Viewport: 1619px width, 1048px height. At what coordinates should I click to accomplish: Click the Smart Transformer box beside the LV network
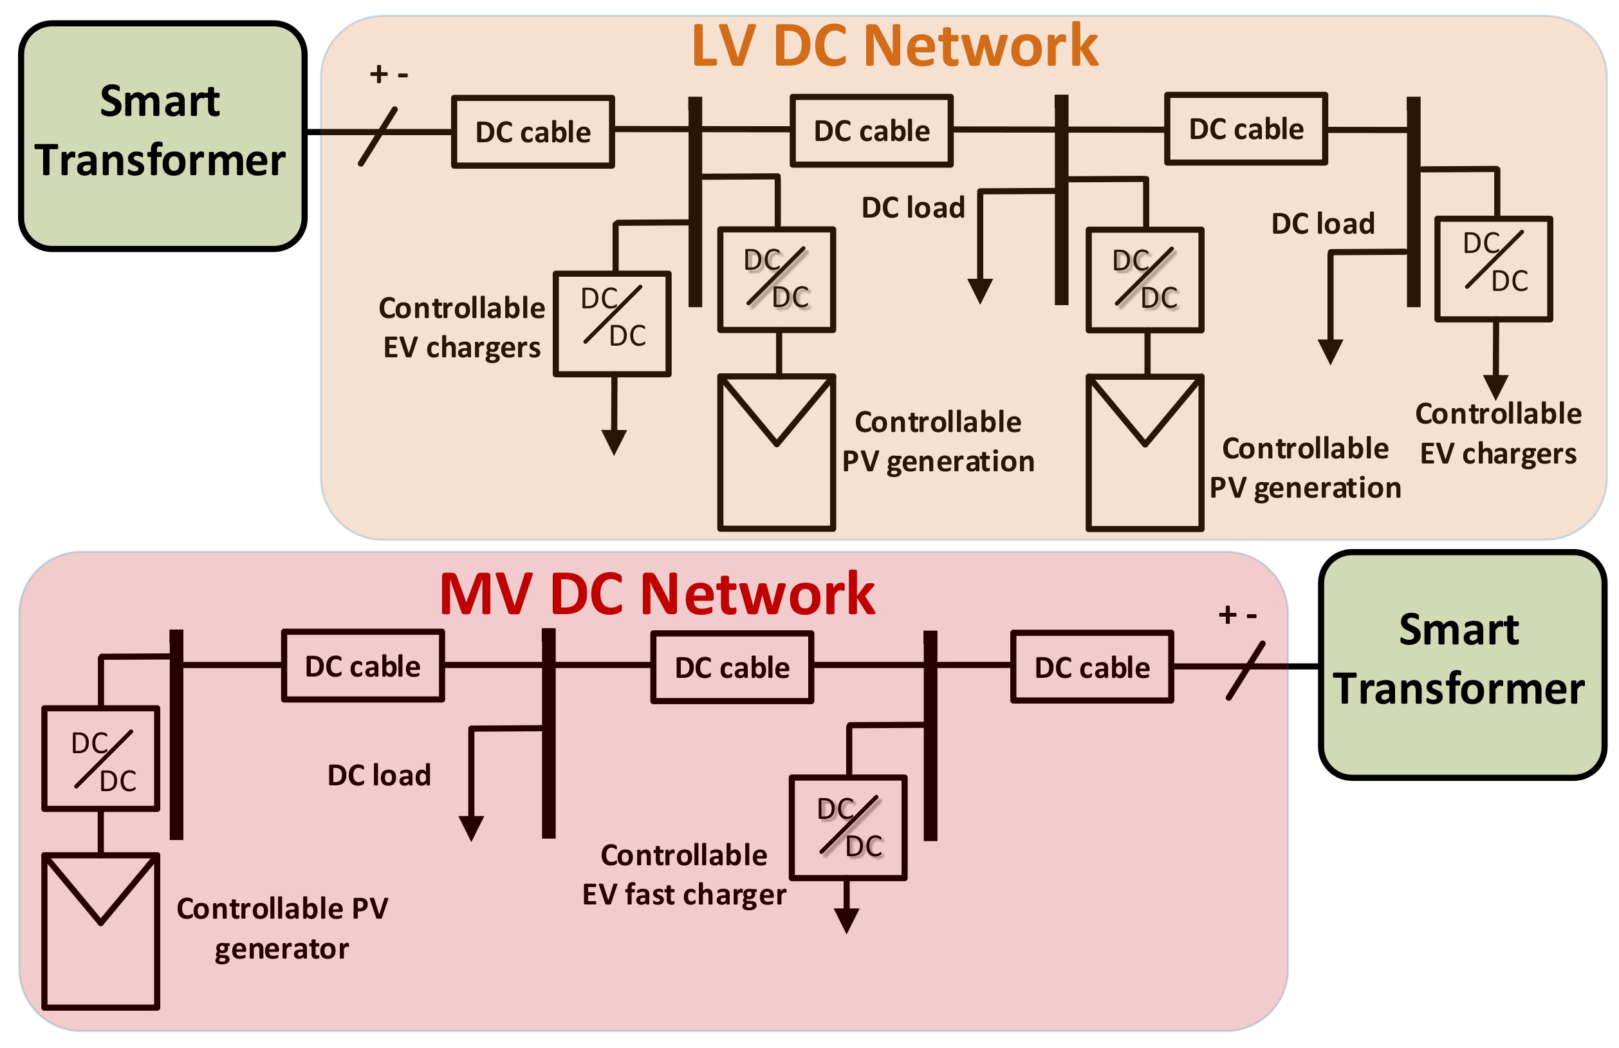click(162, 136)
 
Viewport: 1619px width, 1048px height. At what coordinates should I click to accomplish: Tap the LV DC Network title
click(894, 46)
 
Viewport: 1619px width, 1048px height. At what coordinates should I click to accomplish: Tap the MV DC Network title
click(657, 594)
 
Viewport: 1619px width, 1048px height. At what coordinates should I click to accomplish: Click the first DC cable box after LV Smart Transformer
click(533, 132)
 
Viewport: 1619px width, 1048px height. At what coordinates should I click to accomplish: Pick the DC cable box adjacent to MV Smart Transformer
click(1091, 667)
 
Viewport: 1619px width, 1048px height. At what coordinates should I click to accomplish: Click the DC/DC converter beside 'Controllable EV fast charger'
click(847, 827)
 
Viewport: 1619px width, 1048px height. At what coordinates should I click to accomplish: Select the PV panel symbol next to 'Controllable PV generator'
click(100, 931)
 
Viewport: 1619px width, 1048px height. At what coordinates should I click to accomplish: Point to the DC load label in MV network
click(379, 776)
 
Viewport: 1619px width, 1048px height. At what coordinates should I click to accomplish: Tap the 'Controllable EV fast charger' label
click(683, 875)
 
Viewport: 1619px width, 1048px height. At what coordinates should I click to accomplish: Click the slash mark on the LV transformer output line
click(378, 136)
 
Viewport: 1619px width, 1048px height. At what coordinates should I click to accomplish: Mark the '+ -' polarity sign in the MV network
click(1237, 615)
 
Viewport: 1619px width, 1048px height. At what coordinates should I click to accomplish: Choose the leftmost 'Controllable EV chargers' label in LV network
click(461, 327)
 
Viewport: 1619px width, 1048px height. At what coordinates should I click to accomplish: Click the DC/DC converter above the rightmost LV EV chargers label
click(1493, 269)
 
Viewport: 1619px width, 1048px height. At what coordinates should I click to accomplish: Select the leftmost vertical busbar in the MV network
click(176, 735)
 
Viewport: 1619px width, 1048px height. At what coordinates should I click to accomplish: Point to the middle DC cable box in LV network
click(871, 131)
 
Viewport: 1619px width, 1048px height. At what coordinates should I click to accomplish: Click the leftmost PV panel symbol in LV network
click(776, 452)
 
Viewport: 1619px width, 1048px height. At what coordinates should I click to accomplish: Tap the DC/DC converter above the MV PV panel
click(100, 759)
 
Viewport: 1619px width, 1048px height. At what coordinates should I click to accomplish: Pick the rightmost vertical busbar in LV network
click(1413, 201)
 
